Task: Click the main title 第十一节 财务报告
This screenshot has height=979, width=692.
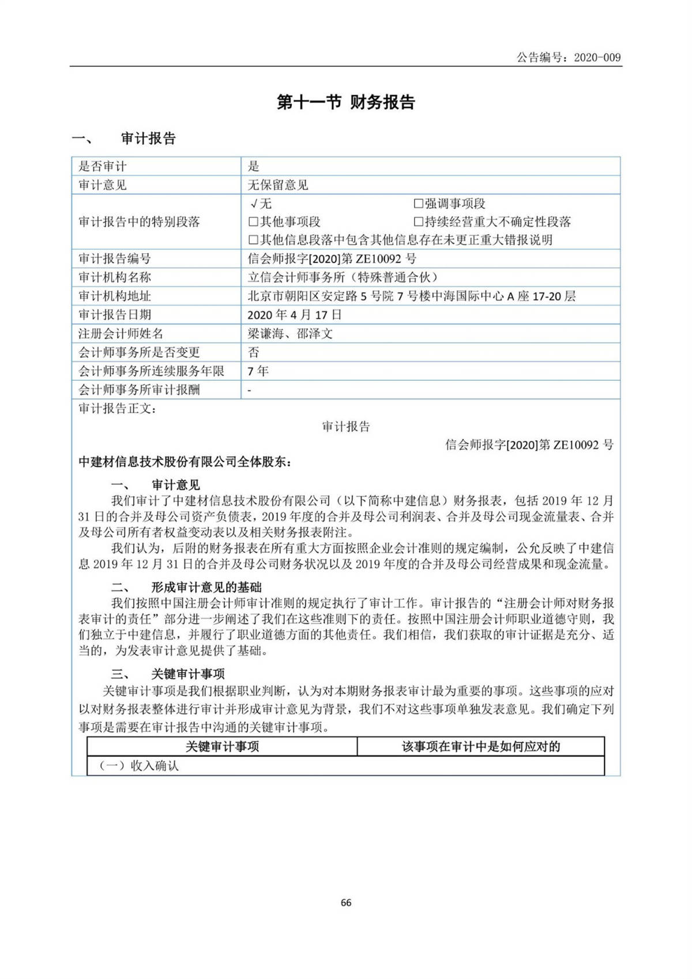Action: (345, 103)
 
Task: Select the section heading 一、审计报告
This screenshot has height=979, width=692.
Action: (123, 138)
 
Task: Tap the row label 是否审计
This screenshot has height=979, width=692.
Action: (102, 167)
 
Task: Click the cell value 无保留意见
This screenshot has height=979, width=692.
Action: (277, 185)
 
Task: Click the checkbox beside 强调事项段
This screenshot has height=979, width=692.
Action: (419, 204)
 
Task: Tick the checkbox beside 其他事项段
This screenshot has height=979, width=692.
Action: (253, 222)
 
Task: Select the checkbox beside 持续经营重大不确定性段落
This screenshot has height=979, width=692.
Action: (419, 222)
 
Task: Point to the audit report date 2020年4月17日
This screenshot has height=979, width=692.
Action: (294, 315)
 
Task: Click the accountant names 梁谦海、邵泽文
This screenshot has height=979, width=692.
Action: (289, 333)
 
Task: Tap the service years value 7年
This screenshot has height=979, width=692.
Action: (258, 371)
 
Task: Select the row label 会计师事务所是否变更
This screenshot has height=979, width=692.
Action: (139, 352)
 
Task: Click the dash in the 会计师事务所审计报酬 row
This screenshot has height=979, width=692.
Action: (249, 391)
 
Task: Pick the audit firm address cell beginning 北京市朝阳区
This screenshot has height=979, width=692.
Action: (411, 297)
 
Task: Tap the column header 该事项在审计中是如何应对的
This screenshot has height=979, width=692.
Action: (481, 747)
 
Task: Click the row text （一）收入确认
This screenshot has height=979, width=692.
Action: (139, 766)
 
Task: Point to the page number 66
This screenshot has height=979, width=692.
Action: (346, 903)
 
